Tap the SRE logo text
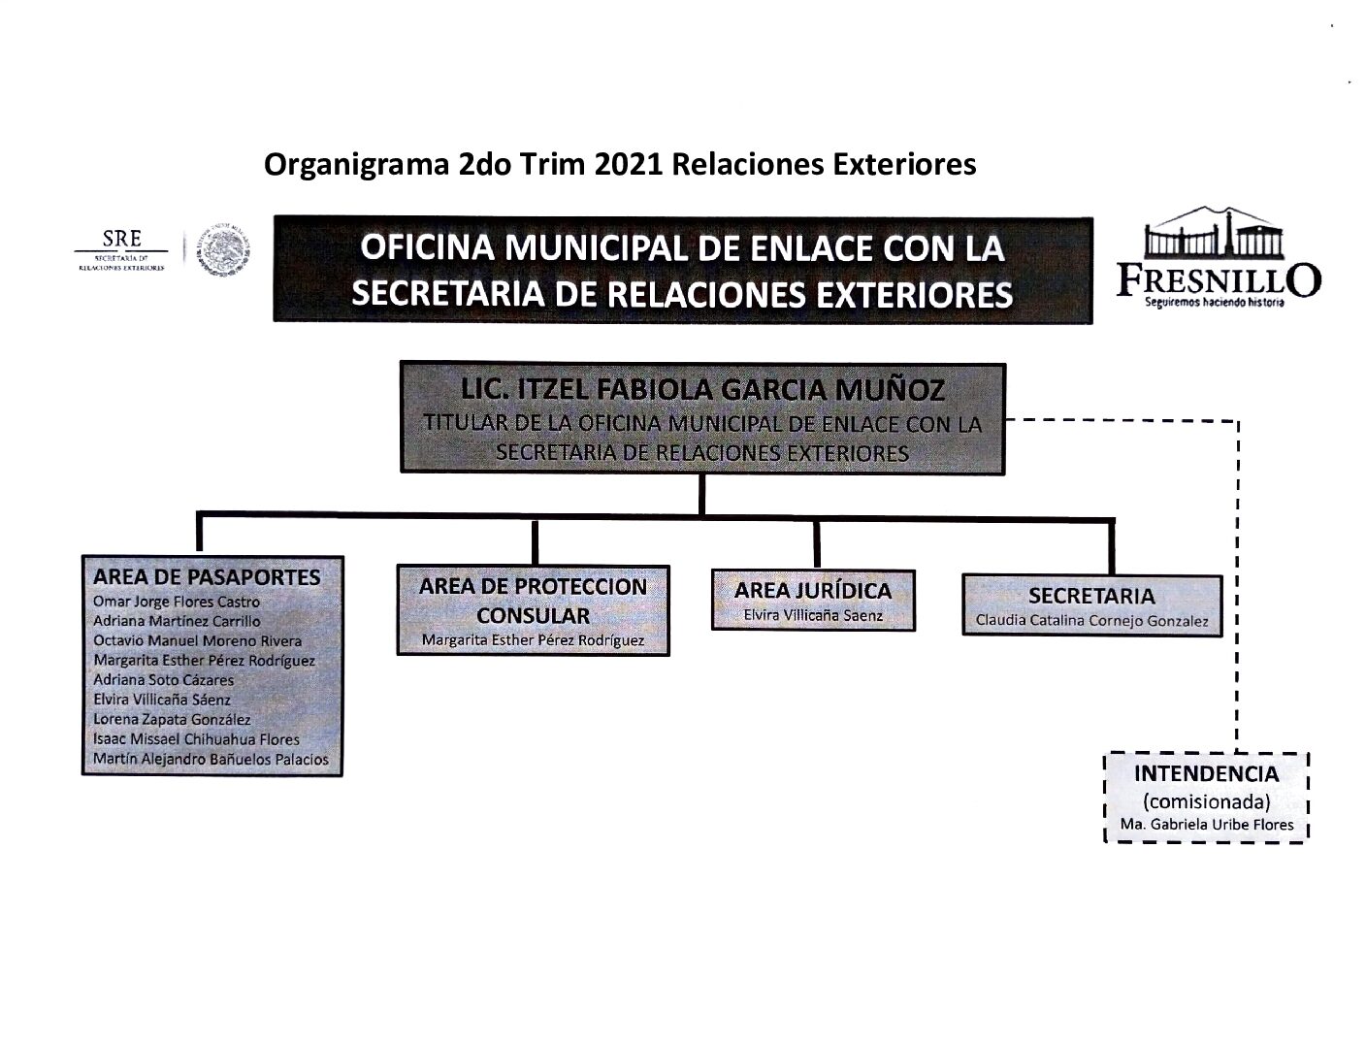coord(122,239)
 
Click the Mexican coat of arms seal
coord(220,251)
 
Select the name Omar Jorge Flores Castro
coord(176,602)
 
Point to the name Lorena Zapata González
coord(172,720)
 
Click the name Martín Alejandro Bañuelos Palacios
coord(211,760)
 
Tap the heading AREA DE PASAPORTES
coord(207,577)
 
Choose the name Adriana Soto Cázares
coord(163,680)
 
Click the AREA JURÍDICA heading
coord(812,591)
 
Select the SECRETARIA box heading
coord(1091,596)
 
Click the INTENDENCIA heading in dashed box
coord(1206,774)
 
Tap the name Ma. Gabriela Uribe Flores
coord(1207,826)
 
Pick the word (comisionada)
coord(1206,801)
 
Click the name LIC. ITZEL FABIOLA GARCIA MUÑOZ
coord(702,390)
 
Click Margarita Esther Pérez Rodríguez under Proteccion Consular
coord(533,640)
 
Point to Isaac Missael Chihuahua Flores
coord(196,739)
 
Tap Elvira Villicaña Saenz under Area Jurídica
coord(812,615)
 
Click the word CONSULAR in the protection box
coord(533,615)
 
